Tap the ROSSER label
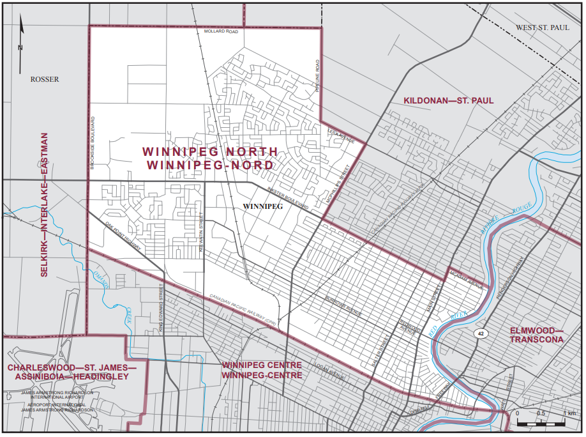tap(44, 79)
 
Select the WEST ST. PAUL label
tap(542, 27)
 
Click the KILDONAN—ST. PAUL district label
tap(448, 101)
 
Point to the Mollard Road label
tap(221, 31)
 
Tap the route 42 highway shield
tap(478, 333)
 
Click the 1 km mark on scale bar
tap(565, 413)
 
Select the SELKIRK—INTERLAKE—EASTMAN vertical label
tap(45, 204)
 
